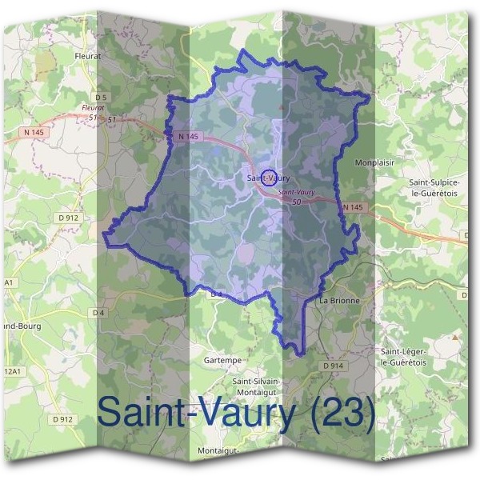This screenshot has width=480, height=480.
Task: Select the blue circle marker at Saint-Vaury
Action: [x=270, y=177]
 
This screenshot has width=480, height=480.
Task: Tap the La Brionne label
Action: [x=339, y=301]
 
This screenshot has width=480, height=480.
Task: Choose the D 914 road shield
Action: [x=334, y=365]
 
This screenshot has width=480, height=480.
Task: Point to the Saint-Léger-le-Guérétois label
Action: [x=405, y=357]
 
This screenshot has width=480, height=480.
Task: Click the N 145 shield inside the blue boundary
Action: [x=188, y=137]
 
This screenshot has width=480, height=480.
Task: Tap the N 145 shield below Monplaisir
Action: [x=353, y=208]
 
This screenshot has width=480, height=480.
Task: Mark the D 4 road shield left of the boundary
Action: [x=98, y=312]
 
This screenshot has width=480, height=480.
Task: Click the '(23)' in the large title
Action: [x=341, y=413]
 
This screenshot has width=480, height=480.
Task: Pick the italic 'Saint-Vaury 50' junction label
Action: [x=296, y=197]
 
